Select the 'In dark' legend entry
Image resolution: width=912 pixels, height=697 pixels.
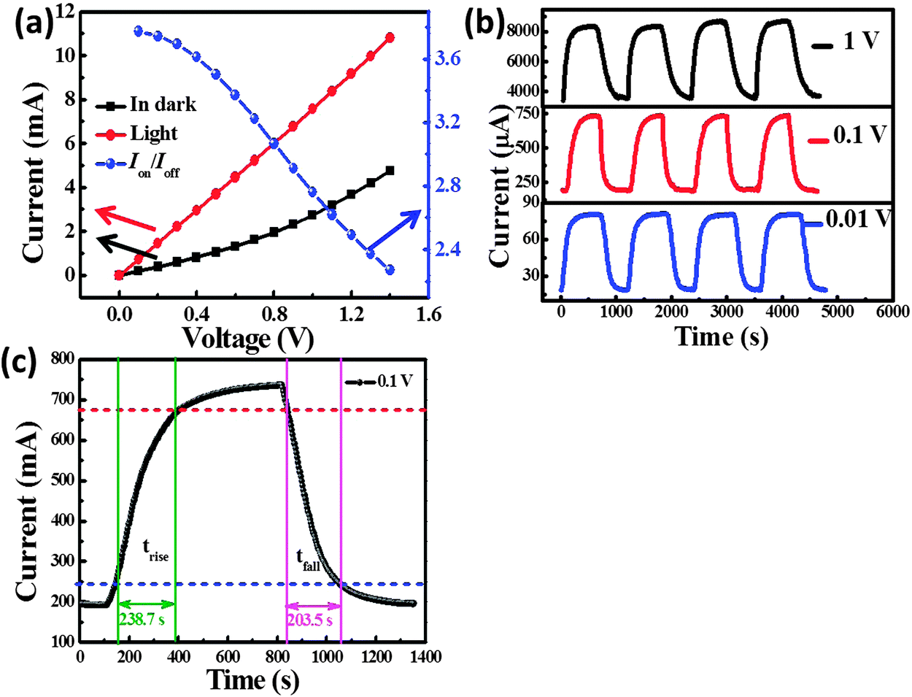[162, 105]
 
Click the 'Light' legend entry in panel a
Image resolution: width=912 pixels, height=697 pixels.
[153, 134]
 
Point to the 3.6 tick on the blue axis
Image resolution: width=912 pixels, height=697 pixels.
[447, 58]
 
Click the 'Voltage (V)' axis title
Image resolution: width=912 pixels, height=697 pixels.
[247, 339]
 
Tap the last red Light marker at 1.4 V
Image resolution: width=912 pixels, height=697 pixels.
[390, 37]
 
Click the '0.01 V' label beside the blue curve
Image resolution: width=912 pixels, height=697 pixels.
[858, 218]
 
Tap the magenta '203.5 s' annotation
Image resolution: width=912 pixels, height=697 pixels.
[313, 620]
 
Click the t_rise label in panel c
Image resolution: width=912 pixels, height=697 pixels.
[155, 552]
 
